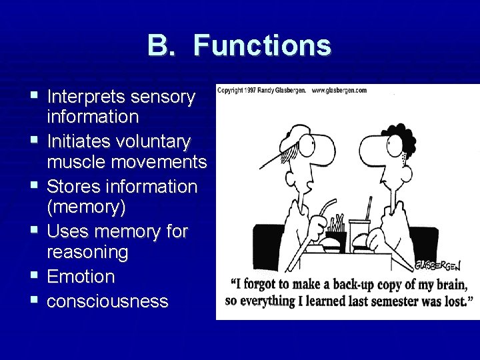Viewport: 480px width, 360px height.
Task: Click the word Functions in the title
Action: click(x=263, y=45)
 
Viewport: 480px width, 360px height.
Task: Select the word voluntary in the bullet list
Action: click(x=153, y=141)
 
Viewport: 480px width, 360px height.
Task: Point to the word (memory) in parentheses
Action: click(x=86, y=207)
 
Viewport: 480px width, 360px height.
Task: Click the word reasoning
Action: click(x=87, y=252)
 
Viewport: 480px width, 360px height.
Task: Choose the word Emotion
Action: click(x=81, y=276)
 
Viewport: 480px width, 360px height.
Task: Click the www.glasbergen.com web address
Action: click(x=339, y=90)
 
